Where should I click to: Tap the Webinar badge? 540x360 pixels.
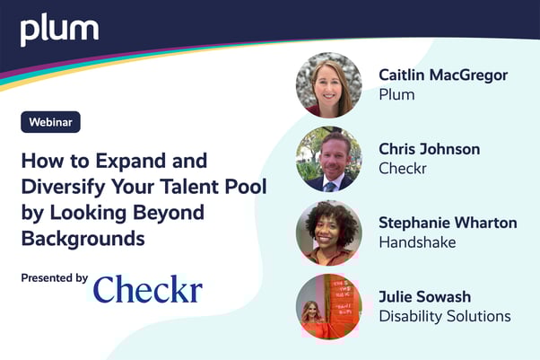coord(51,122)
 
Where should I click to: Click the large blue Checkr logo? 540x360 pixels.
coord(148,289)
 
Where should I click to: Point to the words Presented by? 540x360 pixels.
coord(55,278)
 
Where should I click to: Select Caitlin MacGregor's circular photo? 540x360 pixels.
coord(328,84)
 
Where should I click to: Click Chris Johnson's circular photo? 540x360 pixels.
coord(328,159)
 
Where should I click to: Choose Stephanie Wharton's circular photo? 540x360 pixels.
coord(328,233)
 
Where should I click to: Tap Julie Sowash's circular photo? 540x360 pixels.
coord(328,306)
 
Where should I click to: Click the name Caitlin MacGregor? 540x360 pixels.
coord(443,75)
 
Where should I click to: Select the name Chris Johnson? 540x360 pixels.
coord(429,149)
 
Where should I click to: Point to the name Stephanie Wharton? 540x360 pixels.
coord(448,223)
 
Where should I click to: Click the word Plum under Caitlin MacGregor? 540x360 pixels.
coord(396,94)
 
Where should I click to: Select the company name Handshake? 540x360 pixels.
coord(417,242)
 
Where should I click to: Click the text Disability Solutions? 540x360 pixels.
coord(445,316)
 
